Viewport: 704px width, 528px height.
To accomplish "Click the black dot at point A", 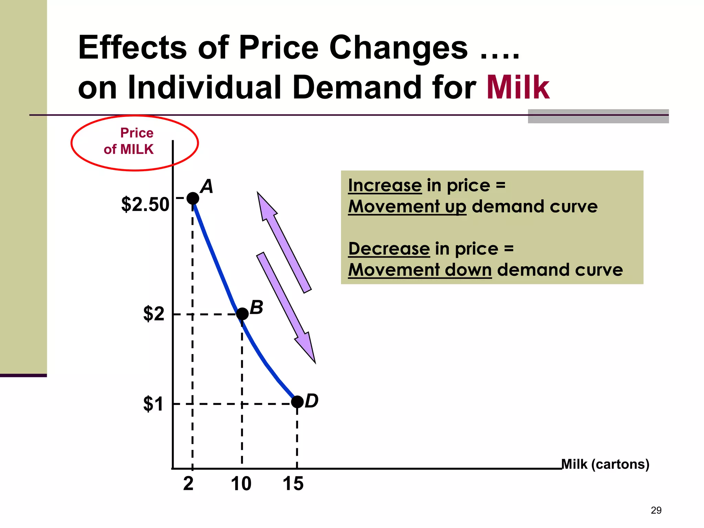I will click(x=193, y=198).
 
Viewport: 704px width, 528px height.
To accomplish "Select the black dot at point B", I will click(x=242, y=313).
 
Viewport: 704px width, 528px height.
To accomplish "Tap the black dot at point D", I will click(x=297, y=401).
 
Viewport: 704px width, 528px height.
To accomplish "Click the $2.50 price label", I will click(x=145, y=205).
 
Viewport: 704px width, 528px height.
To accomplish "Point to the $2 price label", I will click(x=154, y=314).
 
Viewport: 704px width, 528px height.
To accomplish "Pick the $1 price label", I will click(x=153, y=404).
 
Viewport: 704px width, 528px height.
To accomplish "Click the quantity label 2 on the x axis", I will click(x=188, y=484).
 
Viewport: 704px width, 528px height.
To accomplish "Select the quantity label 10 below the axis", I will click(x=241, y=484).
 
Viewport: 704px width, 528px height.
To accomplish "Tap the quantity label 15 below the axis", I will click(x=293, y=484).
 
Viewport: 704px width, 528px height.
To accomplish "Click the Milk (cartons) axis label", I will click(x=605, y=464).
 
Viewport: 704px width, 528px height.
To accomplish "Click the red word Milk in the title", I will click(x=518, y=88).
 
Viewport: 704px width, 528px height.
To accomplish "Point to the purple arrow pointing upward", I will click(x=284, y=242).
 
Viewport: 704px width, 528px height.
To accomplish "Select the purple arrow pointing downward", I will click(x=286, y=308).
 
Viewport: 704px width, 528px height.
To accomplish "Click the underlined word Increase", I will click(x=385, y=186).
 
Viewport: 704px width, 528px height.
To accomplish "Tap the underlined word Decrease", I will click(x=389, y=249).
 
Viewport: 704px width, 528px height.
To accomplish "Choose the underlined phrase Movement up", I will click(x=407, y=207).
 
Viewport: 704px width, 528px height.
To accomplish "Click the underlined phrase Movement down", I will click(x=420, y=270).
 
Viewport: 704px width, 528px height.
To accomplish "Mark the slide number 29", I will click(x=656, y=510).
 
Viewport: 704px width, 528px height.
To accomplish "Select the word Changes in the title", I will click(x=398, y=47).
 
